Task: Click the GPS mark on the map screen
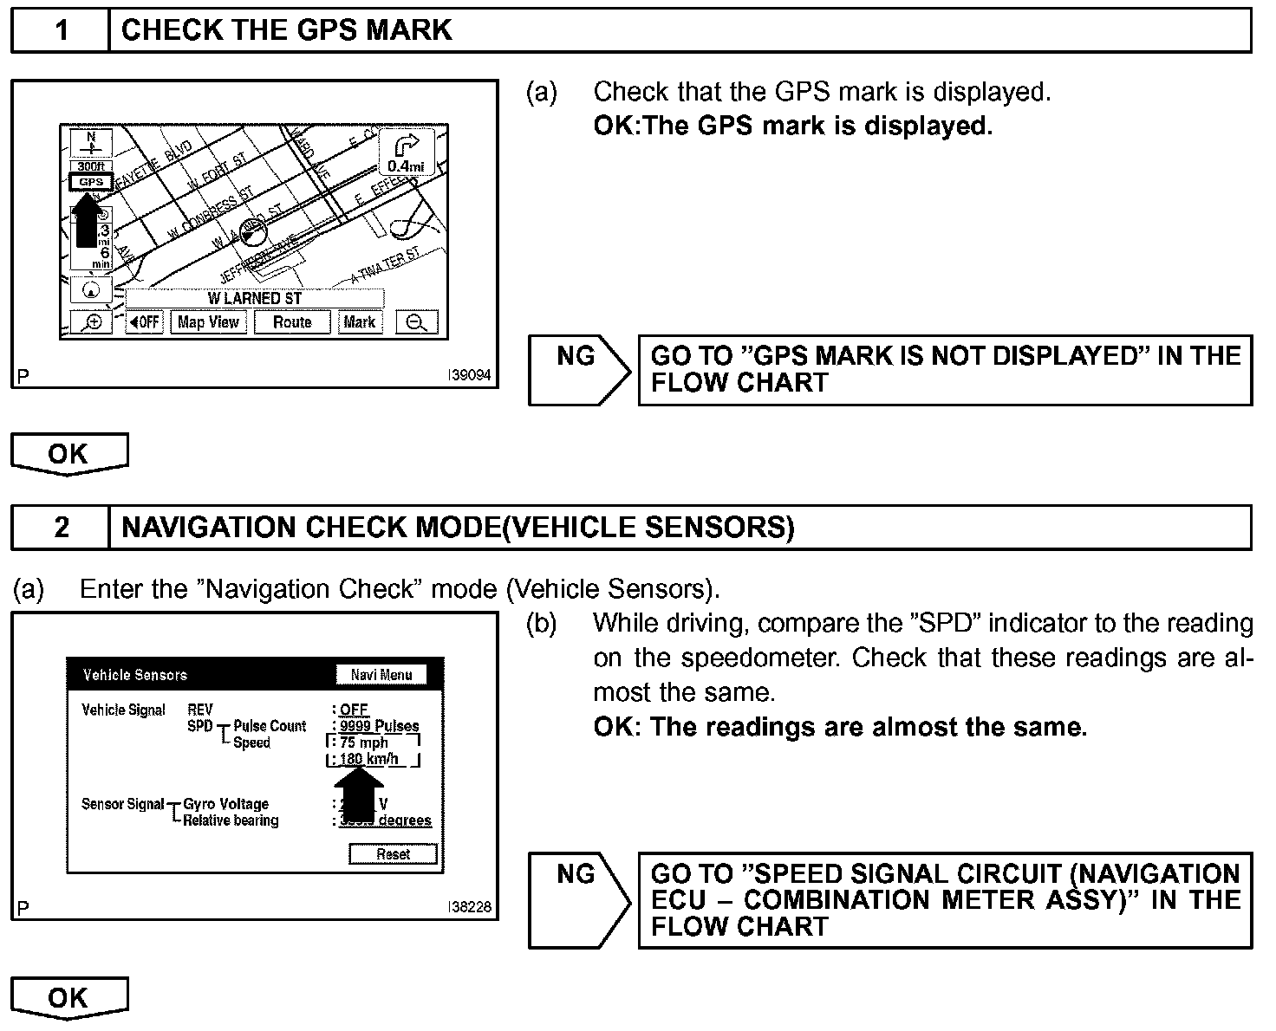pyautogui.click(x=90, y=182)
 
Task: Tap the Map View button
pyautogui.click(x=208, y=322)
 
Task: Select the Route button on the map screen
pyautogui.click(x=292, y=322)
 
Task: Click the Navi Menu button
pyautogui.click(x=381, y=675)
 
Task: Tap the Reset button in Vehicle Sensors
pyautogui.click(x=393, y=854)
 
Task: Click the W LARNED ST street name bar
pyautogui.click(x=255, y=298)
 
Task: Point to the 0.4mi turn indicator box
pyautogui.click(x=406, y=154)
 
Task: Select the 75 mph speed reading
pyautogui.click(x=364, y=742)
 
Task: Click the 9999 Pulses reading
pyautogui.click(x=379, y=726)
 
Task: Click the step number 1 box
pyautogui.click(x=61, y=30)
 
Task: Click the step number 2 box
pyautogui.click(x=61, y=527)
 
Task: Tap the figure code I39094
pyautogui.click(x=469, y=376)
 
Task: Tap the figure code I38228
pyautogui.click(x=469, y=907)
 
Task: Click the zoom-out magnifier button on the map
pyautogui.click(x=417, y=322)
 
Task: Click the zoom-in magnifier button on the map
pyautogui.click(x=91, y=322)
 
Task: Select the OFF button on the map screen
pyautogui.click(x=145, y=322)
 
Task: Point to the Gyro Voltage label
pyautogui.click(x=225, y=804)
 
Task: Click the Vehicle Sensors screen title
pyautogui.click(x=134, y=675)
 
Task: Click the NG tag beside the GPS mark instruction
pyautogui.click(x=576, y=357)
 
